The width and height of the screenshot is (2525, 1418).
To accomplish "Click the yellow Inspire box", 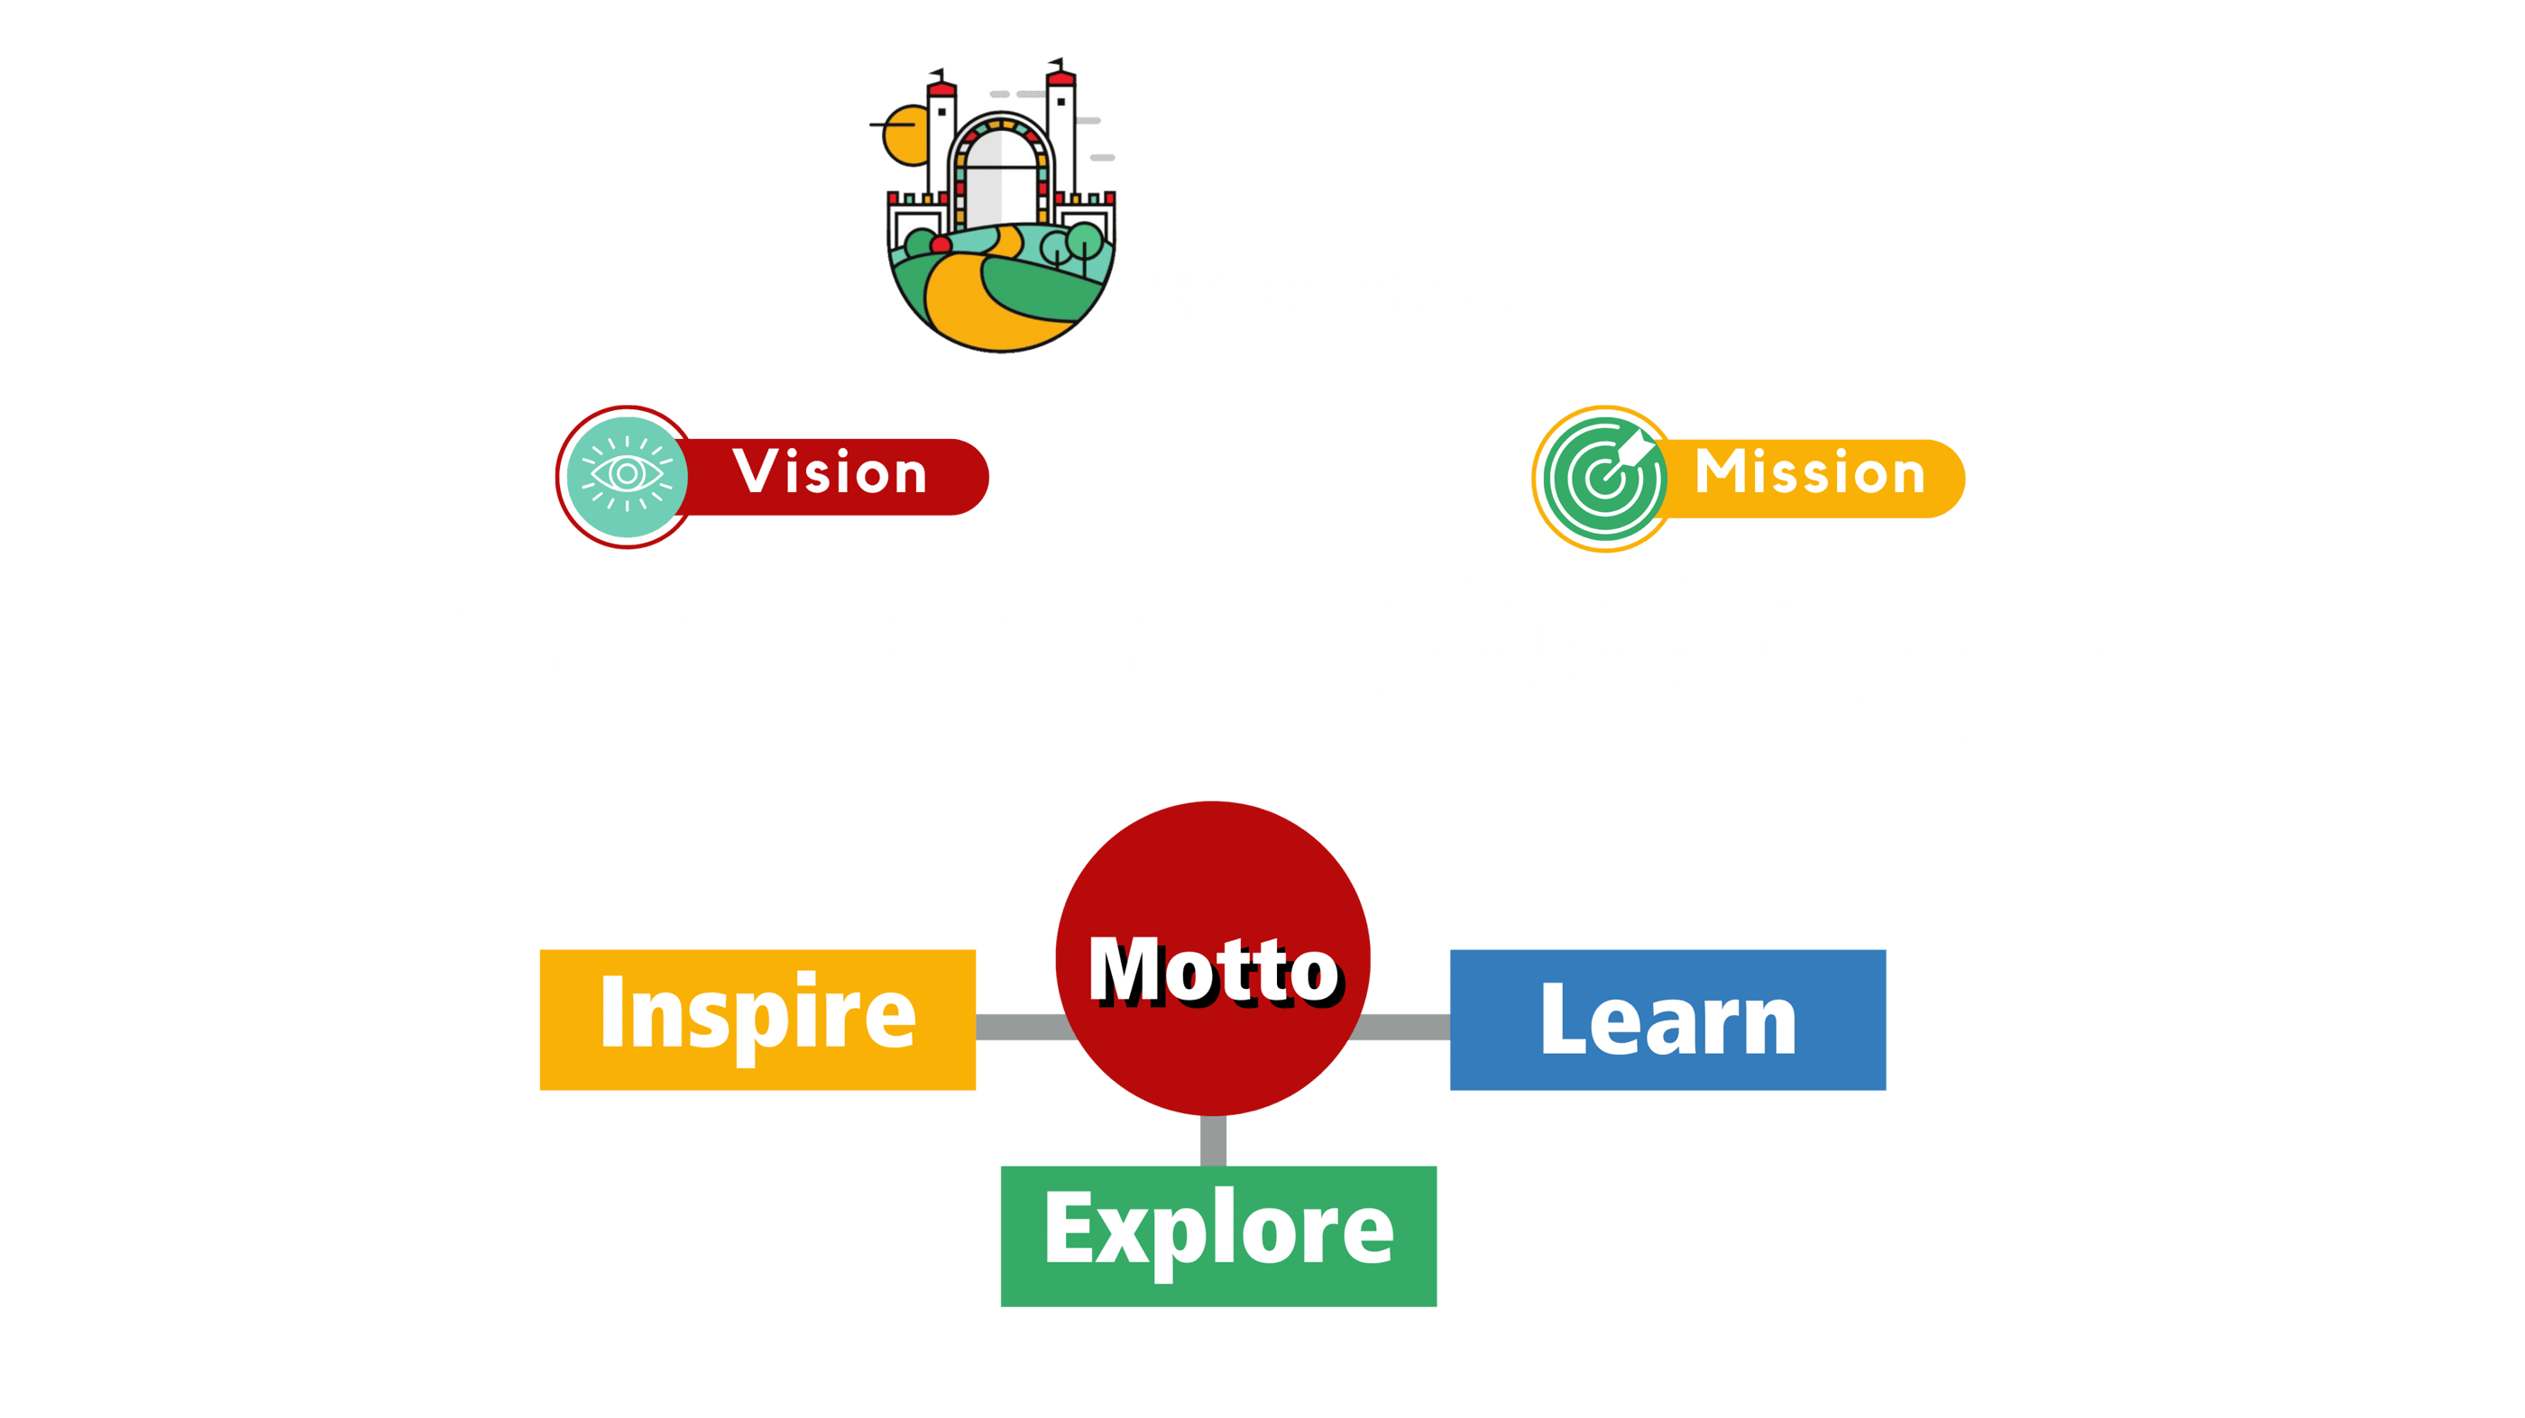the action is pos(757,1020).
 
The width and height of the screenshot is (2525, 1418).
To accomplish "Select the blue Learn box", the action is pos(1667,1020).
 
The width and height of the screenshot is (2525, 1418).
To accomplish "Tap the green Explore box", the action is pos(1217,1235).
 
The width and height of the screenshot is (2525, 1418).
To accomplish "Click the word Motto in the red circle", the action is pos(1214,970).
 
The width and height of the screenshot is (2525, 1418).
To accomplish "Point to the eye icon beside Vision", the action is pos(628,476).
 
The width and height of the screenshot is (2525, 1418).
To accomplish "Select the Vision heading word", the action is pos(830,473).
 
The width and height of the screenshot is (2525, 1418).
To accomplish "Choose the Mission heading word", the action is pos(1810,473).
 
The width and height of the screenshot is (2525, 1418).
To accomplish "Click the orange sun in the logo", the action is pos(902,137).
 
